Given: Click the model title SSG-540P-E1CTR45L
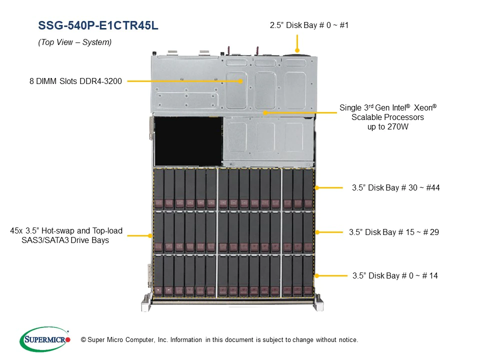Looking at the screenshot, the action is (x=98, y=25).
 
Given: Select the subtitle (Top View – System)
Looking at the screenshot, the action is (x=74, y=42).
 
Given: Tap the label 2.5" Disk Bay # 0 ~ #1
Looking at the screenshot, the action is (x=309, y=25).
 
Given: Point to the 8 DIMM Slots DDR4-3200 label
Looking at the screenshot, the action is (x=75, y=81).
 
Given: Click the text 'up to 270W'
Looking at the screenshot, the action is (x=388, y=126).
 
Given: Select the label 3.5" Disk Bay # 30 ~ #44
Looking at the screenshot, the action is (x=396, y=187).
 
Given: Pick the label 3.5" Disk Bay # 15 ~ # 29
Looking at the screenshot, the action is (x=394, y=232).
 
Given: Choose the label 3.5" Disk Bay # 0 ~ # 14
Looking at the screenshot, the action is (x=395, y=276).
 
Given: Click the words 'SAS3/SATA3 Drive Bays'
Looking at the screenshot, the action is (x=65, y=240).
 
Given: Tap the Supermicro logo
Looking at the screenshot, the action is (x=45, y=339).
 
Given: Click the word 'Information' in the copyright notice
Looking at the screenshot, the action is (x=186, y=340).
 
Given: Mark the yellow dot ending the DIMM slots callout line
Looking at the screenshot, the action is (x=240, y=81).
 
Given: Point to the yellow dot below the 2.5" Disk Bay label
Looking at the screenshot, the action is (x=297, y=50).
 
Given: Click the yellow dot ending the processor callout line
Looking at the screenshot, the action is (x=265, y=113).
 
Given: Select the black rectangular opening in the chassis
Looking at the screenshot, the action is (x=188, y=141).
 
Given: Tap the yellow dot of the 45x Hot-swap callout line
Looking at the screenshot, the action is (x=150, y=235).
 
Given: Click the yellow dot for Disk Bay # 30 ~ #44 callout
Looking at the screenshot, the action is (x=317, y=187).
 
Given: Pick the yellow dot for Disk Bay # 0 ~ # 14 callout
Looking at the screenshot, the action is (x=317, y=276).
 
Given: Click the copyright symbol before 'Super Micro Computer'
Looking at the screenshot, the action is (x=83, y=340).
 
